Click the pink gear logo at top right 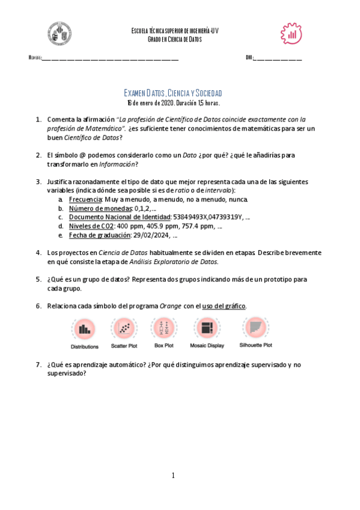pyautogui.click(x=292, y=34)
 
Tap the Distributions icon pyautogui.click(x=84, y=329)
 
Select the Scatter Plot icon pyautogui.click(x=124, y=328)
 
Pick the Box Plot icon pyautogui.click(x=163, y=328)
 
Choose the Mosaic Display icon pyautogui.click(x=207, y=328)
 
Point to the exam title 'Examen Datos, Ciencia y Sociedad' pyautogui.click(x=173, y=93)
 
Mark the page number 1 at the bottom pyautogui.click(x=173, y=476)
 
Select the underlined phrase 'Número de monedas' pyautogui.click(x=92, y=208)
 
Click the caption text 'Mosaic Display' pyautogui.click(x=207, y=346)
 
